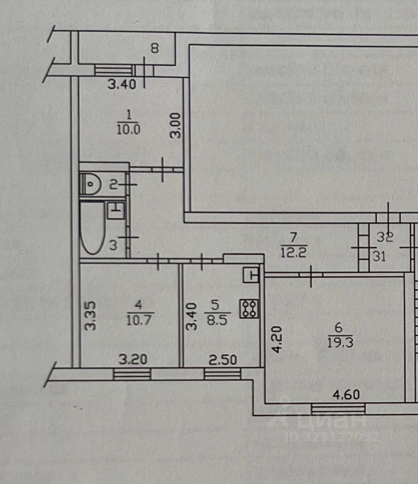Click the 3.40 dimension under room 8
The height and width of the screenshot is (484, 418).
click(122, 85)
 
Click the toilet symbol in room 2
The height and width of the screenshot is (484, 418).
click(91, 184)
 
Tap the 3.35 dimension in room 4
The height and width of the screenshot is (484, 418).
click(90, 316)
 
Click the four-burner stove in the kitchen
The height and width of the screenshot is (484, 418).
click(250, 309)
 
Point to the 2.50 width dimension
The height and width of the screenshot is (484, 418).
click(222, 360)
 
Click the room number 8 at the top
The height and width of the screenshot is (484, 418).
click(155, 49)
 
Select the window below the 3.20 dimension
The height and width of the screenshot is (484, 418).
click(132, 374)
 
